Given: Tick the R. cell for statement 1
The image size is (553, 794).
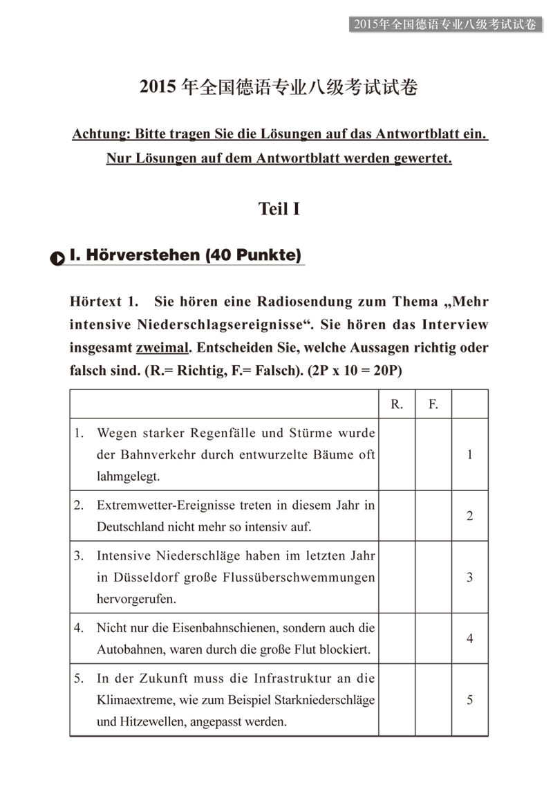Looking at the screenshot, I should click(397, 454).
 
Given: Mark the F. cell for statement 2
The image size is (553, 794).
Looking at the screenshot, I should click(433, 516).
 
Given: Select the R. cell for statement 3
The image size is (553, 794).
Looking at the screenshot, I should click(397, 577).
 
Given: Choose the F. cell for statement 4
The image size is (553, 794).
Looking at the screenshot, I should click(433, 638).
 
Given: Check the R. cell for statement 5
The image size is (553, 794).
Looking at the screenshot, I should click(397, 700).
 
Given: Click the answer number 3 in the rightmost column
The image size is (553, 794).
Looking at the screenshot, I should click(470, 577).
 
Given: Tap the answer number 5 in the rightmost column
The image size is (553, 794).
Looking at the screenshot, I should click(470, 700).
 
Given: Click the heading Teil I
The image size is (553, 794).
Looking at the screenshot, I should click(279, 208).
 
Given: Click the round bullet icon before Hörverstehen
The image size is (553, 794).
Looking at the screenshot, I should click(57, 257).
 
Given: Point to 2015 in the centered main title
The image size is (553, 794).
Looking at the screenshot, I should click(157, 87).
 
